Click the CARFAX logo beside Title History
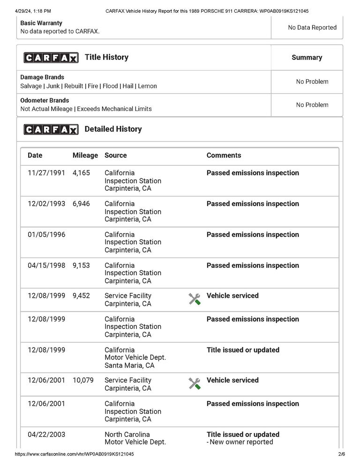51,58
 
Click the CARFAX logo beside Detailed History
51,129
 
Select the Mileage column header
85,155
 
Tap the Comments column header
224,155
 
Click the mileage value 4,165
81,173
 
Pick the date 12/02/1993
46,204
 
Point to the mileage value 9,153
81,265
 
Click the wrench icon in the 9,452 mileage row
195,299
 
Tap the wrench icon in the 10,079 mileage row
195,384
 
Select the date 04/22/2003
46,434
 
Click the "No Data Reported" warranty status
312,28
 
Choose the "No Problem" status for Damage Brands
312,81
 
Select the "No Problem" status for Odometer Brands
312,105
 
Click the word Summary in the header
307,58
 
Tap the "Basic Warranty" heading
41,23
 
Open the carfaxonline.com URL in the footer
75,454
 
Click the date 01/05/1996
46,235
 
